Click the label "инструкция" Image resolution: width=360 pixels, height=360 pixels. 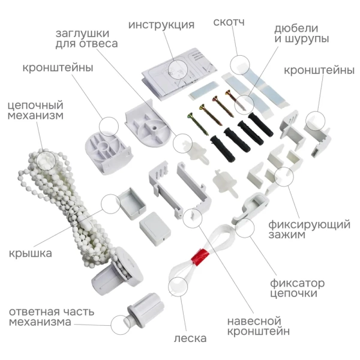[161, 25]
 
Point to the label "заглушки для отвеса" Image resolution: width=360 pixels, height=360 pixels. [86, 38]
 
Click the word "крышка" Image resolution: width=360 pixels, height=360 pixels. [30, 253]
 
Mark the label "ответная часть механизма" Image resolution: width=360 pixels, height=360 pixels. [48, 316]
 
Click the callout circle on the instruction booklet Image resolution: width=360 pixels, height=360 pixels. [178, 68]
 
